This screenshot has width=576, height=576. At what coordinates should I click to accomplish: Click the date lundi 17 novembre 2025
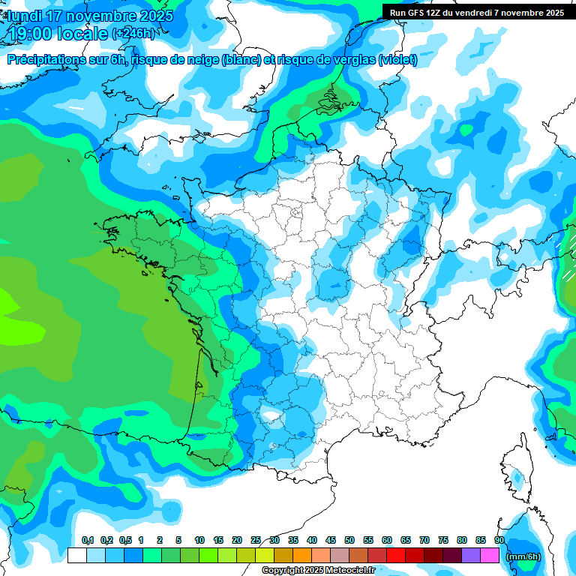tap(90, 15)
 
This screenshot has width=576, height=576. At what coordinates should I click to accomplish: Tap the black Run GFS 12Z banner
tap(476, 12)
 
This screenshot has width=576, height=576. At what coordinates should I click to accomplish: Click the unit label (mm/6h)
tap(523, 556)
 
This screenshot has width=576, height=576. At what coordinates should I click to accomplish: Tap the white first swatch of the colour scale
tap(76, 556)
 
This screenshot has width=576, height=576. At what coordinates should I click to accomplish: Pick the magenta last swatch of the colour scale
tap(490, 556)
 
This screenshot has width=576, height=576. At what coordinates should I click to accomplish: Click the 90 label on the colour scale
tap(499, 540)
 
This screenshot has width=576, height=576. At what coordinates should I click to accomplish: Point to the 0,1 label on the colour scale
tap(87, 540)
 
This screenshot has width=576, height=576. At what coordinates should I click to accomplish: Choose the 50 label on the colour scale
tap(349, 540)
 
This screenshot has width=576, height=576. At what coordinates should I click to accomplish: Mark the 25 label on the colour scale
tap(255, 540)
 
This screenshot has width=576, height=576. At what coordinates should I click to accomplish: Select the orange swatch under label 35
tap(283, 556)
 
